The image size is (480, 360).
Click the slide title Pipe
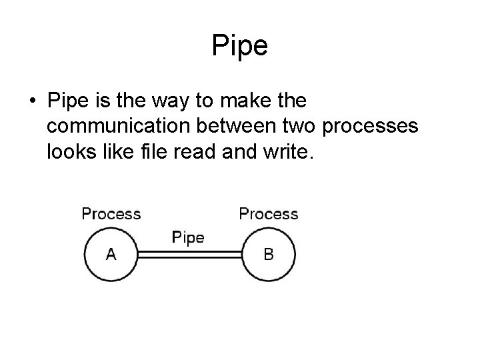[240, 46]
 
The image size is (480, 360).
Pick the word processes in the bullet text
[377, 127]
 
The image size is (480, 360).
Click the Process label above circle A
[111, 214]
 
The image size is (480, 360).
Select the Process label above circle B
[269, 214]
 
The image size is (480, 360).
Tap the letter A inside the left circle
[111, 254]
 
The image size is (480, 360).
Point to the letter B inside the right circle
[269, 254]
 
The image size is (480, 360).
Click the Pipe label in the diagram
[189, 237]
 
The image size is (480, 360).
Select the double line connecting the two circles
[189, 254]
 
